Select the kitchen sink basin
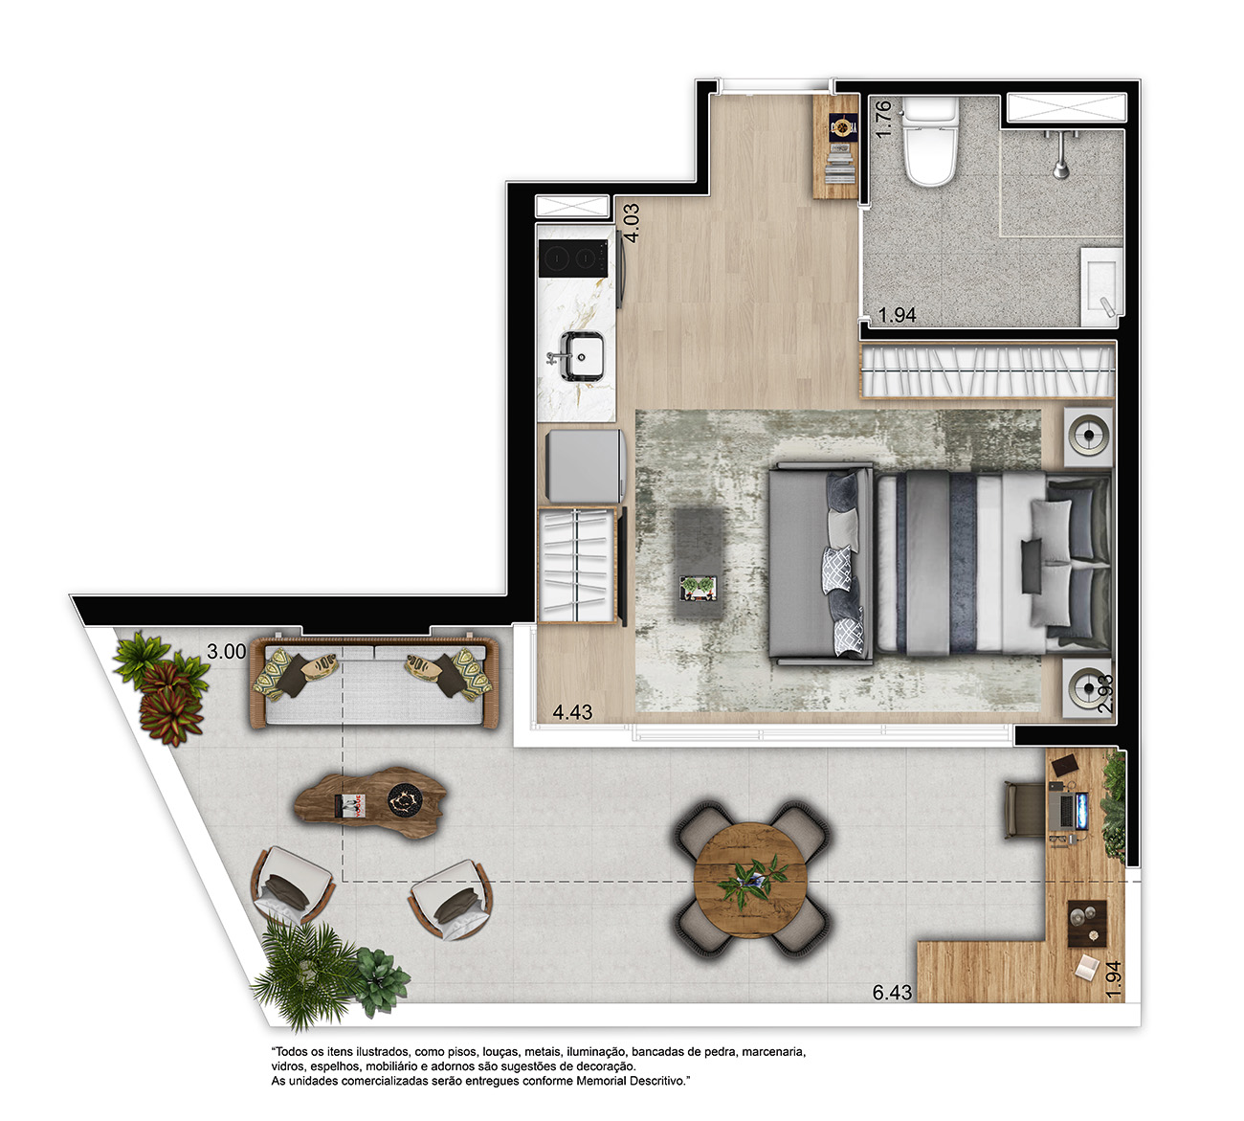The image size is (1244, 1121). tap(582, 356)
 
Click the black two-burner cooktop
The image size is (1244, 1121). tap(573, 258)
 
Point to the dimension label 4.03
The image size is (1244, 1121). tap(632, 224)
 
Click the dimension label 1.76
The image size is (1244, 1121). tap(882, 119)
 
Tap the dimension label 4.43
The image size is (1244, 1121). tap(572, 712)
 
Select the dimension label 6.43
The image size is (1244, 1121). tap(892, 993)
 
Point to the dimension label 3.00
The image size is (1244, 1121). tap(227, 651)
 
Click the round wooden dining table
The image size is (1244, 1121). tap(750, 881)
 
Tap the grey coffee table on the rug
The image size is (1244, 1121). tap(699, 563)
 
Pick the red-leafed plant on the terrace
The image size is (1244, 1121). tap(168, 701)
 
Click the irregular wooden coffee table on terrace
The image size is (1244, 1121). tap(371, 803)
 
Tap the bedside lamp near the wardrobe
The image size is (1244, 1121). tap(1089, 436)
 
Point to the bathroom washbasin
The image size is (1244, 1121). tap(1101, 286)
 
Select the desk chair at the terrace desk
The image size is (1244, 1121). tap(1025, 810)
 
